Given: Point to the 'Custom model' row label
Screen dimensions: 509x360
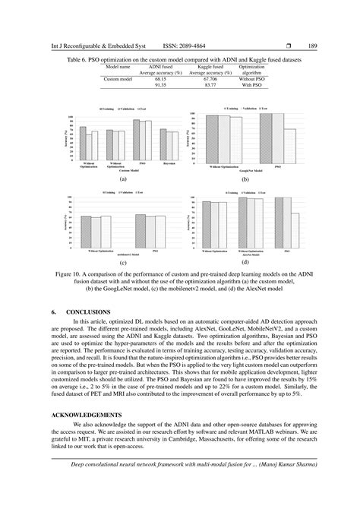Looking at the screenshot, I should [118, 79].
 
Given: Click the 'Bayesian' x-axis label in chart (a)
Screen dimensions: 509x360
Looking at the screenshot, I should [169, 163].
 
